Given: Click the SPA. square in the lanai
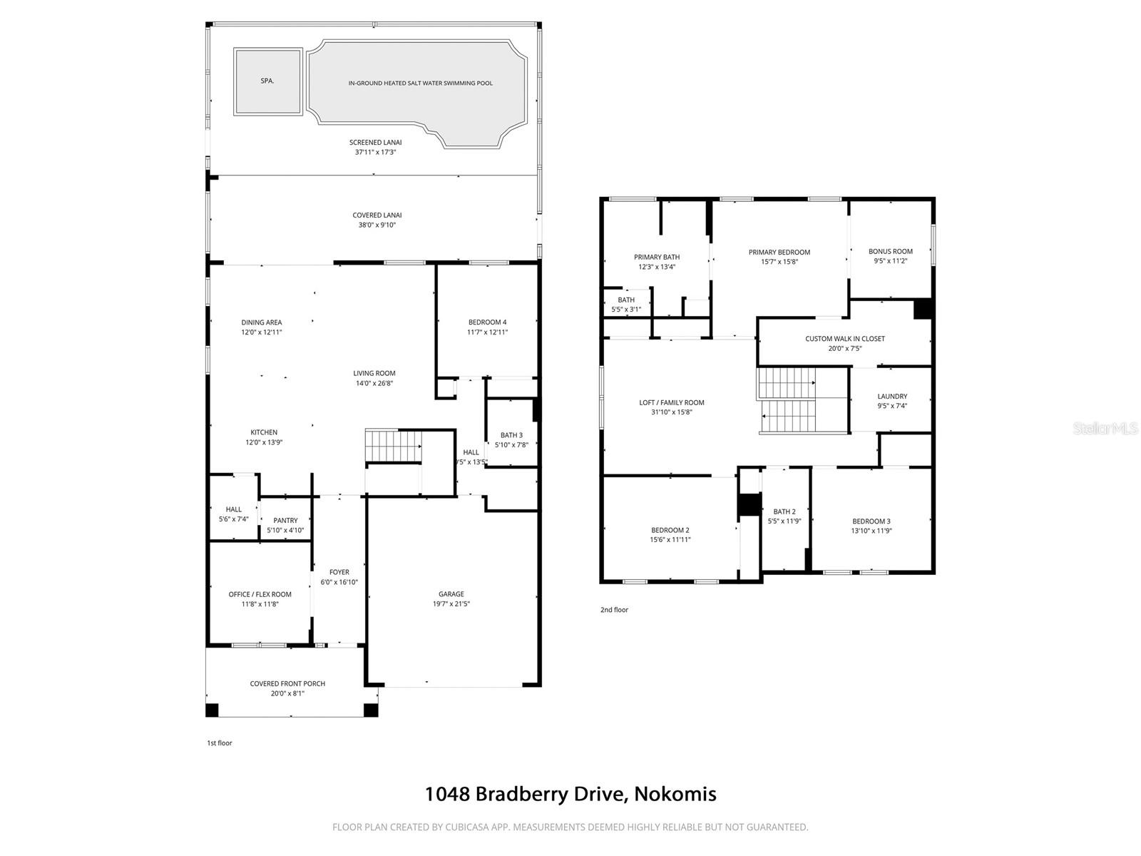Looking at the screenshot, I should point(267,81).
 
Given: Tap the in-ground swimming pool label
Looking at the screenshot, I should point(420,83).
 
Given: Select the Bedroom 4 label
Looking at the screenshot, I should point(487,322).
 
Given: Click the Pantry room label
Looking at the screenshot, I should point(285,521).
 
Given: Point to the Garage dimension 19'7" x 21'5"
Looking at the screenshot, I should point(451,604).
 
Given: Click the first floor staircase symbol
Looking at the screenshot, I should point(393,447).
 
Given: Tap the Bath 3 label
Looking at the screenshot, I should point(511,435).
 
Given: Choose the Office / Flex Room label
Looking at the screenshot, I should point(260,594).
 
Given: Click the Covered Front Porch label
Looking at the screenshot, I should point(287,683).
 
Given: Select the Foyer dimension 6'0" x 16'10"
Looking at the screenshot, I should point(339,582).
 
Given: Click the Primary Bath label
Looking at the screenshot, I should point(657,257).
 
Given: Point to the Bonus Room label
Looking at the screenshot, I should point(890,251).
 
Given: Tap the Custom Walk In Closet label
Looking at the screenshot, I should point(845,339).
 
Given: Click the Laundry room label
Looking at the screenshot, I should point(892,397).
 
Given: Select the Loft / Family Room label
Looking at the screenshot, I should point(671,402).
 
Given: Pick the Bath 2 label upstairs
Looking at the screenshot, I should point(784,511).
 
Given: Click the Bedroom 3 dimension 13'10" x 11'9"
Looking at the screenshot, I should point(871,531).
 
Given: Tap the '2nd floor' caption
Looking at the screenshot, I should point(614,610).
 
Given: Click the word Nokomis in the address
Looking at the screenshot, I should point(675,794).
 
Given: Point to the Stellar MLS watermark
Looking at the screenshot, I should point(1105,428).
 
